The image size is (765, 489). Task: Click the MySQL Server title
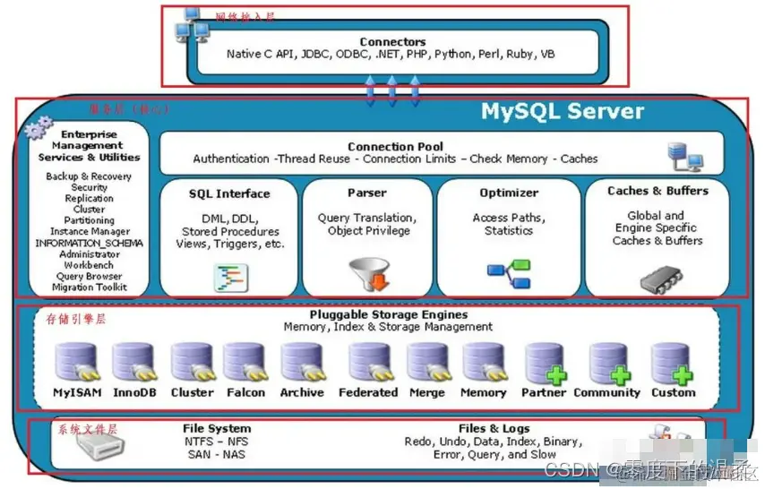(x=562, y=112)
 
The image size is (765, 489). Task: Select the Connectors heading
(x=392, y=41)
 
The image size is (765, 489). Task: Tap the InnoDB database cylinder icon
(x=133, y=364)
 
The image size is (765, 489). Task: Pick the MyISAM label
(x=76, y=392)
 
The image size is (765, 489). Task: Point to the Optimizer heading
(x=508, y=193)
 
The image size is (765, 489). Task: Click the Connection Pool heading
(x=395, y=146)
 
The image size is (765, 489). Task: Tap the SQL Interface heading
(x=229, y=193)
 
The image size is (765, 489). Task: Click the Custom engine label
(x=673, y=392)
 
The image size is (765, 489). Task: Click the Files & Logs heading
(x=493, y=428)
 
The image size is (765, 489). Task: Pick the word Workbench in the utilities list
(x=89, y=266)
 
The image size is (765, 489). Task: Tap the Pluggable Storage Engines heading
(x=388, y=314)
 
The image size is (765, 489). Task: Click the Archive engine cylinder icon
(x=302, y=364)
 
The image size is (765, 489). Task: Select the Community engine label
(x=606, y=392)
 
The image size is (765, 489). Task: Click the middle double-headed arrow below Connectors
(x=391, y=90)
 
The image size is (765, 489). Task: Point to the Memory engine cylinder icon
(x=484, y=364)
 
